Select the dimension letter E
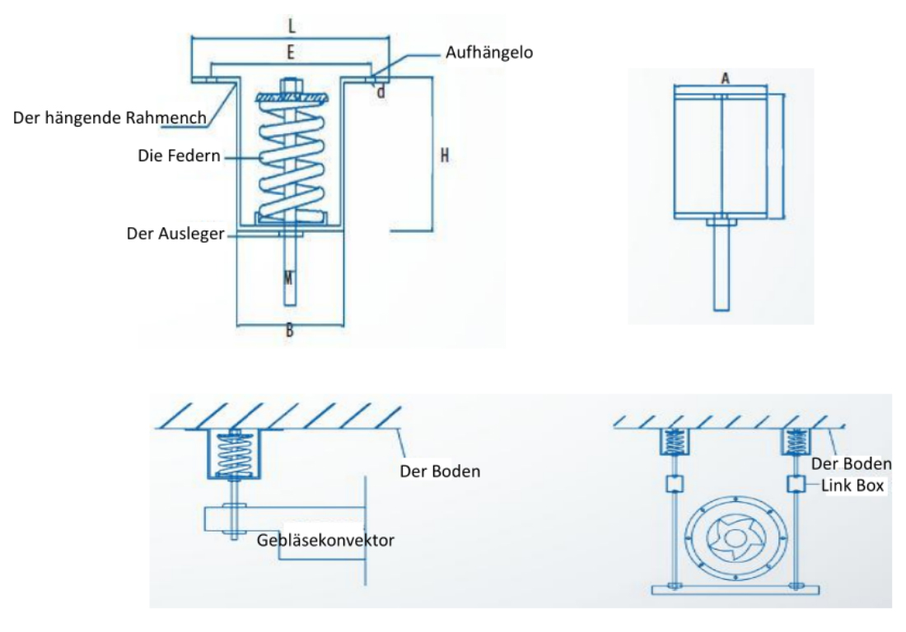[x=290, y=53]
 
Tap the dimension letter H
[x=444, y=155]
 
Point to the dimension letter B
[x=290, y=332]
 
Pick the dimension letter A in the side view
[x=725, y=77]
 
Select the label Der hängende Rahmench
[x=110, y=118]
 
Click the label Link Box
[x=852, y=486]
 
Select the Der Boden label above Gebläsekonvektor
[x=439, y=472]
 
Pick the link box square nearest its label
[x=795, y=483]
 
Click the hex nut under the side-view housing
[x=722, y=221]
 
